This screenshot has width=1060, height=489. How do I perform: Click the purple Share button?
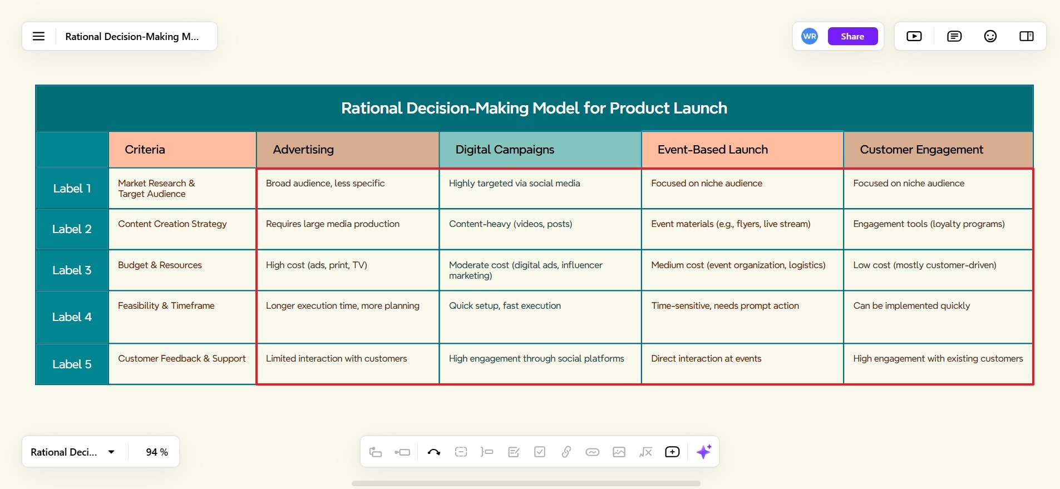click(x=852, y=36)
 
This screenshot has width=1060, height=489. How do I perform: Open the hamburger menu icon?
click(x=38, y=36)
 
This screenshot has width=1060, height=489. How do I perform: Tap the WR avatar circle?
click(x=810, y=36)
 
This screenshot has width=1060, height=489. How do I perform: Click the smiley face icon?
click(x=990, y=36)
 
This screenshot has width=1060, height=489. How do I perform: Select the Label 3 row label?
click(x=72, y=270)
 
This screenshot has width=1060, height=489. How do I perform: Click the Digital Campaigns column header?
click(x=540, y=150)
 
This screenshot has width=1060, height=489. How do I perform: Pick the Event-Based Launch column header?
click(x=742, y=150)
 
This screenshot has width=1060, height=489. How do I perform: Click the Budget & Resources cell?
click(x=182, y=270)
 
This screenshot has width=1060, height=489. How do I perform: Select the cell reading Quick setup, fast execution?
click(x=540, y=317)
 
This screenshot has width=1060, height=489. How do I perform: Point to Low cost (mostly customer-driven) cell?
click(x=938, y=270)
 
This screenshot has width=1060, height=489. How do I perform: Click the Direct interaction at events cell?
click(x=742, y=364)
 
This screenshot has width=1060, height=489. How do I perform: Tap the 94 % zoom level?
click(x=157, y=452)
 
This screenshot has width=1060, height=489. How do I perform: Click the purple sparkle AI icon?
click(x=704, y=452)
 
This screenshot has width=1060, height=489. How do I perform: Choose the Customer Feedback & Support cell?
click(x=182, y=364)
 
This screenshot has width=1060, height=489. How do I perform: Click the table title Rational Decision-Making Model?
click(x=534, y=108)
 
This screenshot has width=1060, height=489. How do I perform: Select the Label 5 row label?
click(x=72, y=364)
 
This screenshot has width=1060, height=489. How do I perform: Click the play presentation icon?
click(x=914, y=36)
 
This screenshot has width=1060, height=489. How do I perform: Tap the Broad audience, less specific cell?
click(x=348, y=189)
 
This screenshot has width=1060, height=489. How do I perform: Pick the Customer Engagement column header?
click(x=938, y=150)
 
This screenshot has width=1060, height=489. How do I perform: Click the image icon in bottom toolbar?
click(x=619, y=452)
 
